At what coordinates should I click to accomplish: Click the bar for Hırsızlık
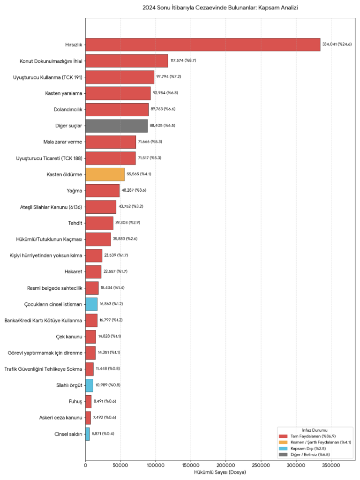(x=202, y=45)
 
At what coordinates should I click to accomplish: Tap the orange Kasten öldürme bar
(x=105, y=174)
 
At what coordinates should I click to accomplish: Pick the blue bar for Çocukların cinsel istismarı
(x=91, y=304)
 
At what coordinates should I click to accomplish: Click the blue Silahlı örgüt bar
(x=89, y=385)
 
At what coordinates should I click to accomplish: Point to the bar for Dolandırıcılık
(x=117, y=109)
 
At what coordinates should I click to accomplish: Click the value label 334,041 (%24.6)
(x=337, y=45)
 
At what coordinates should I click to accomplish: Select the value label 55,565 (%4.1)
(x=139, y=174)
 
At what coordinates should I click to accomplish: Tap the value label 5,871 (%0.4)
(x=103, y=434)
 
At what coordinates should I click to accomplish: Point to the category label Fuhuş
(x=75, y=401)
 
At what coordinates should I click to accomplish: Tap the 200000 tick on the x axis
(x=225, y=465)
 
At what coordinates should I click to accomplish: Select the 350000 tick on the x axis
(x=331, y=465)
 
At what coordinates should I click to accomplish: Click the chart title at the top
(x=220, y=8)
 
